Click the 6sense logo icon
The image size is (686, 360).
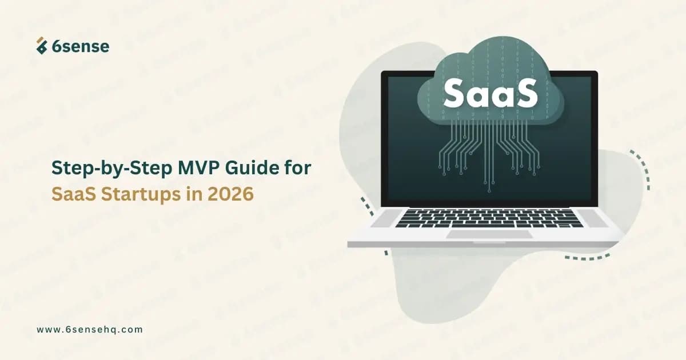pyautogui.click(x=41, y=46)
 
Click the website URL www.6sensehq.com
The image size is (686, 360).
pyautogui.click(x=89, y=330)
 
